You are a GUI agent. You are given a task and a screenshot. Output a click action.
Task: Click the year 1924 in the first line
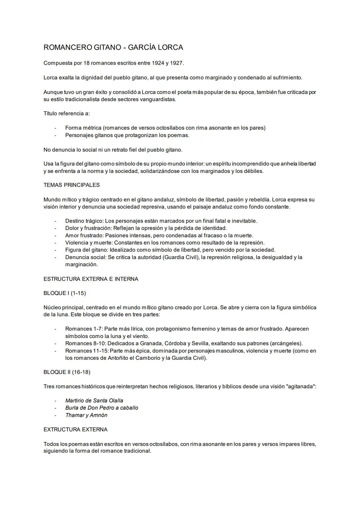pos(158,63)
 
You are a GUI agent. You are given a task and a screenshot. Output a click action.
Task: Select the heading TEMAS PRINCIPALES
pos(72,185)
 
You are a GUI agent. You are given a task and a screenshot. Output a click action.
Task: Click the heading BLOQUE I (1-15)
pos(65,293)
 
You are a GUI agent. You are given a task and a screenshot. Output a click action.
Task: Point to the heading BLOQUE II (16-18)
pos(67,372)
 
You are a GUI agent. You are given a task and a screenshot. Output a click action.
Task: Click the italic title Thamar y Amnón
pos(86,415)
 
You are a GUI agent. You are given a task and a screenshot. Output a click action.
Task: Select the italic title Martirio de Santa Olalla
pos(94,401)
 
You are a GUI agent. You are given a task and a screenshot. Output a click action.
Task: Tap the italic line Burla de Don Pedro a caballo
pos(102,408)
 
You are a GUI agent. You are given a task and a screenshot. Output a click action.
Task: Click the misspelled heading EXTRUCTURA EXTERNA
pos(76,430)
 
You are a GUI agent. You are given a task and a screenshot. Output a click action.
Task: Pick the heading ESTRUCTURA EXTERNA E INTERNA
pos(91,279)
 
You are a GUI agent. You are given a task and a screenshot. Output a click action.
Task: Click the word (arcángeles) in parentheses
pos(286,344)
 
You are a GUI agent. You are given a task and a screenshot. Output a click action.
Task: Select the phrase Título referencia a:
pos(67,114)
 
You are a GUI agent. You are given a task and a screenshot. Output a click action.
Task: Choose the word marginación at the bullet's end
pos(82,265)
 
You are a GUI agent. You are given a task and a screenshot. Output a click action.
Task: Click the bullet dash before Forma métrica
pos(55,128)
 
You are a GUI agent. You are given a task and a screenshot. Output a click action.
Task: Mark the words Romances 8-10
pos(85,344)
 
